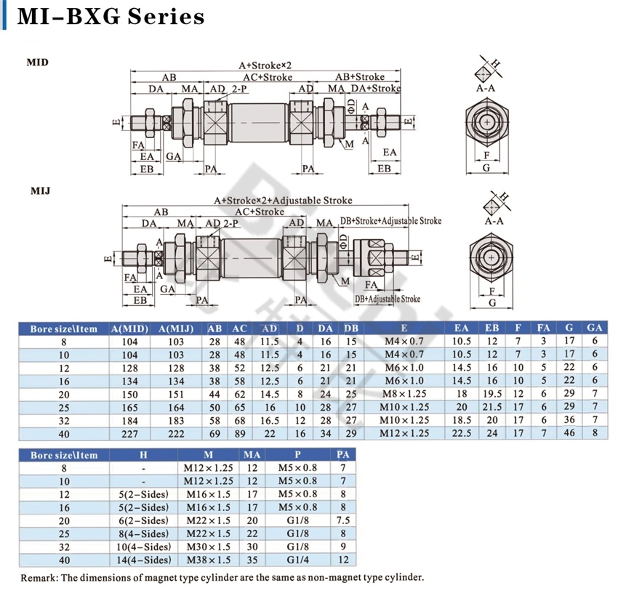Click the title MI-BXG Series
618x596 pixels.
(x=111, y=17)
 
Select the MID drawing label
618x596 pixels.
(x=37, y=63)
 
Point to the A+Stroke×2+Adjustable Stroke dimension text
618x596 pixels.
(x=283, y=200)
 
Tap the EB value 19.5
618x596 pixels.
(x=492, y=393)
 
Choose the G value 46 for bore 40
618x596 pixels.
(x=569, y=433)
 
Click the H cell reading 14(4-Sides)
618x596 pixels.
(x=143, y=560)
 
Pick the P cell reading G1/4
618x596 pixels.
(x=298, y=560)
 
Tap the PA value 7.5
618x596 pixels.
(x=344, y=520)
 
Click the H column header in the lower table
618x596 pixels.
(x=143, y=455)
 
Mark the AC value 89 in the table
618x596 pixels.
(x=240, y=433)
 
